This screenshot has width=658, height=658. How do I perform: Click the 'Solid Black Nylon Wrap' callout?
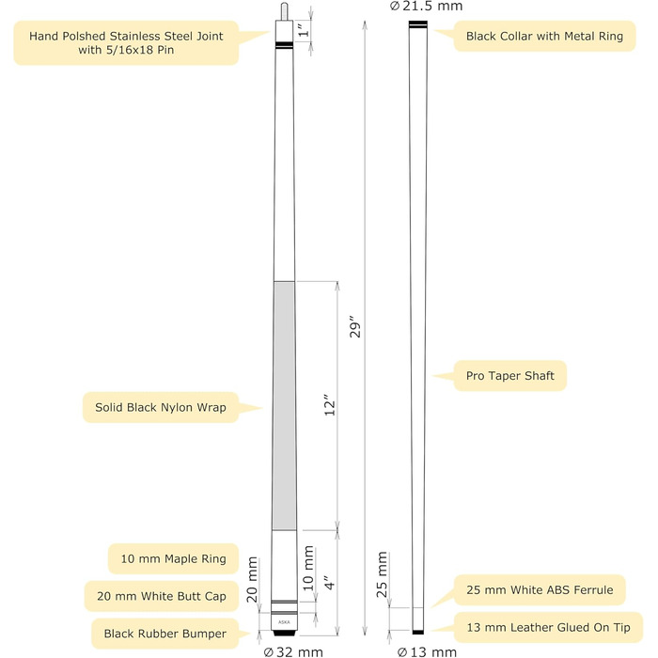pos(159,408)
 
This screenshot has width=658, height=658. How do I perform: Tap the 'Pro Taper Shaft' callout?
pos(510,376)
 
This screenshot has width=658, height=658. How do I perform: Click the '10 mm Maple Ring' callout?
pos(174,558)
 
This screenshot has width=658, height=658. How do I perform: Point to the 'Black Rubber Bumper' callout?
pos(160,634)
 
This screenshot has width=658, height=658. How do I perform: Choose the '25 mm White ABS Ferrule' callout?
pos(540,590)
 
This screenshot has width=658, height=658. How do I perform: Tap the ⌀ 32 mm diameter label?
pos(293,650)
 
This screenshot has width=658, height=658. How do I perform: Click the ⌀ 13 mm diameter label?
pos(427,650)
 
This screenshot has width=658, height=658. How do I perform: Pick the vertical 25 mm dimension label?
pos(382,576)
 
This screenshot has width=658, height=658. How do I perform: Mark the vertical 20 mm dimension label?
pos(252,582)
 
